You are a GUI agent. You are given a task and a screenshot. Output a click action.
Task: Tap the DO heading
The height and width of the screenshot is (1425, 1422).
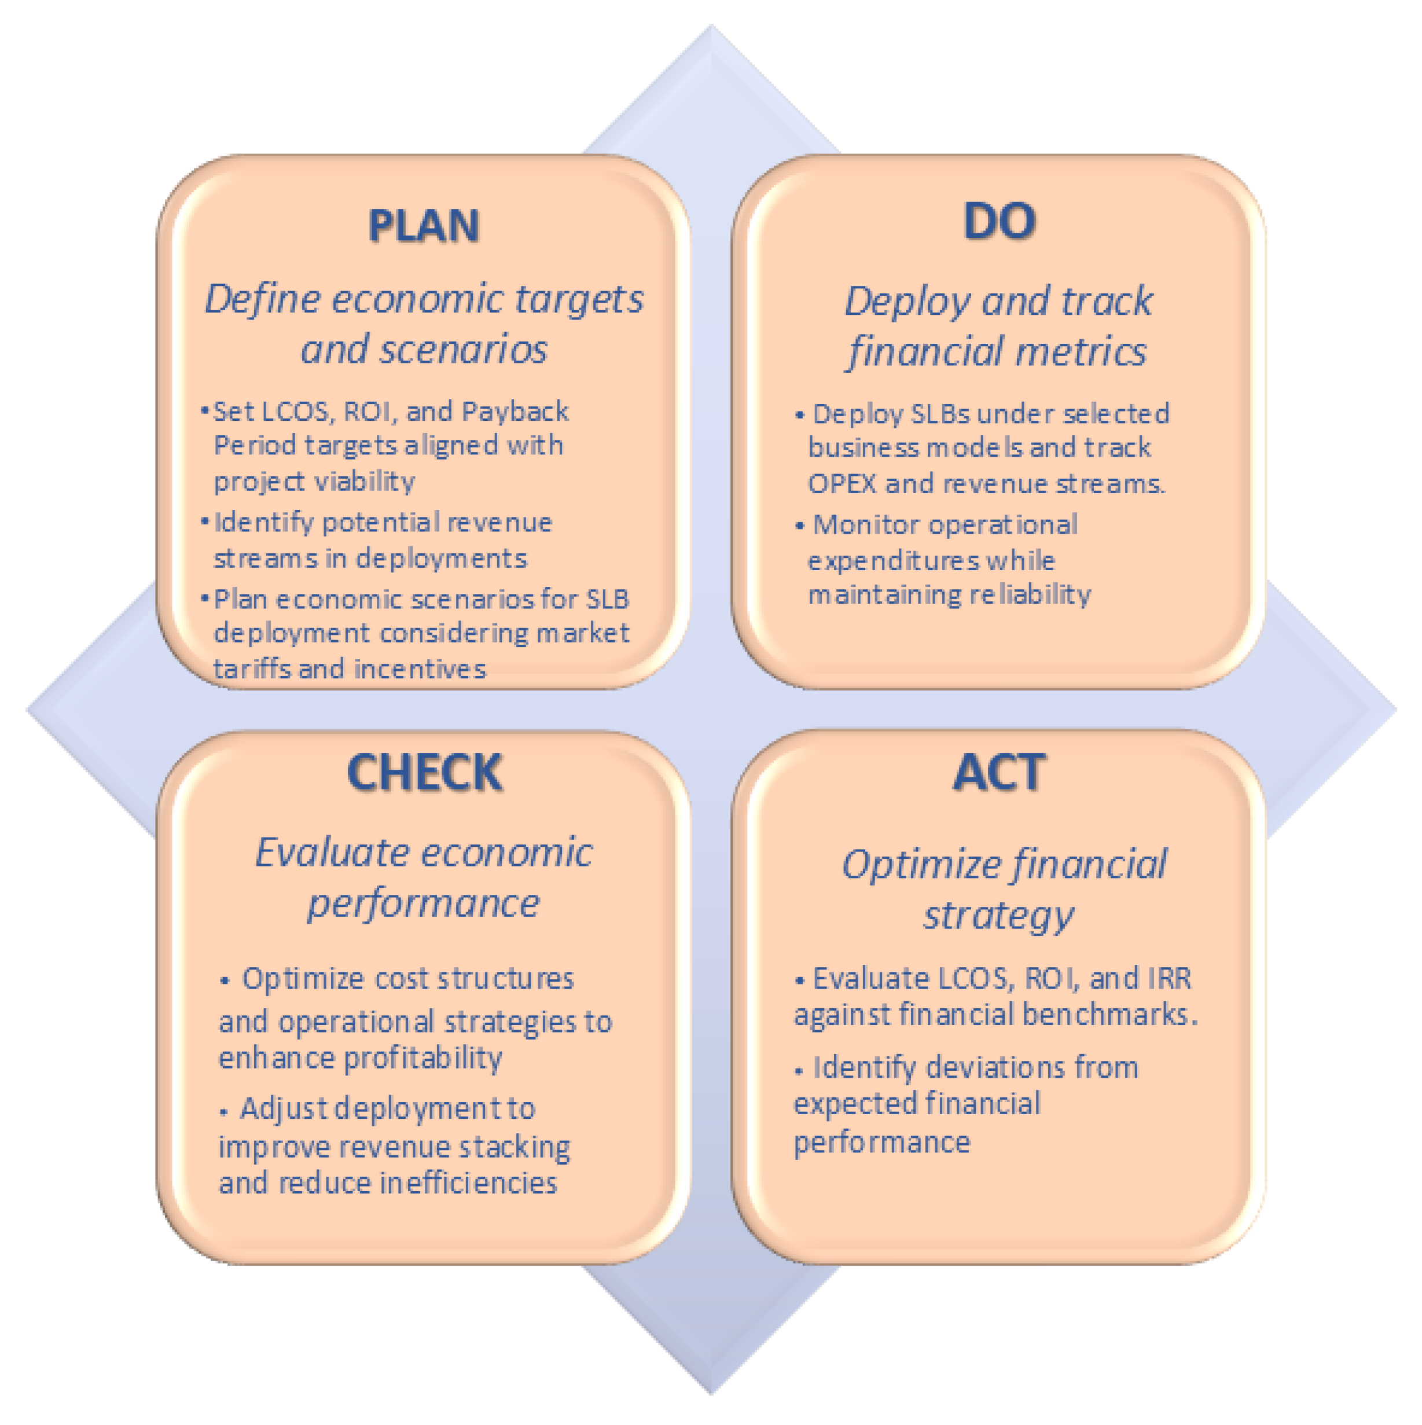pos(1000,221)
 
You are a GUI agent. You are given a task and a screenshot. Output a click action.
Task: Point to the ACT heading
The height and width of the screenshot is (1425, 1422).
pos(1000,772)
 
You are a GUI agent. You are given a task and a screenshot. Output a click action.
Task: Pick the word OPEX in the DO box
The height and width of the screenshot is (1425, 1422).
pos(842,484)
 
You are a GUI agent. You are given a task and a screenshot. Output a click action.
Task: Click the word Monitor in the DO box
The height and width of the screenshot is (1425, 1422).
pos(866,524)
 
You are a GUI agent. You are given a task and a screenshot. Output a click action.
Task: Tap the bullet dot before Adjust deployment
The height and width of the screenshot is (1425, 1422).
pos(224,1111)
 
